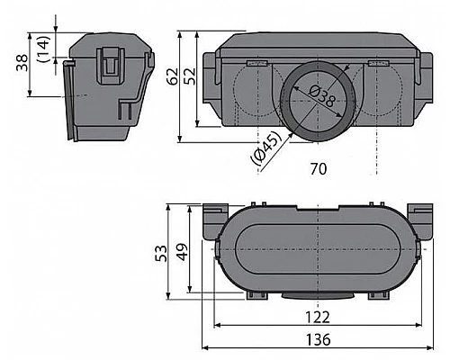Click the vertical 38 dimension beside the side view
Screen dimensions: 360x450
21,65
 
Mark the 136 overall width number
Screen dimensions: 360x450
319,340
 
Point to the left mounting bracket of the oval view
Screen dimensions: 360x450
214,220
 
